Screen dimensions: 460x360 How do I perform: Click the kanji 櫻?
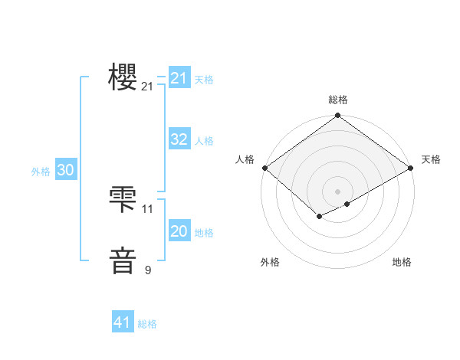(123, 77)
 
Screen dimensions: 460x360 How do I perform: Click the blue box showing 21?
(179, 78)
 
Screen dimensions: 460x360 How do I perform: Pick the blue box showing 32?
(179, 139)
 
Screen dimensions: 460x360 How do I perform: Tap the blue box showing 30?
(65, 171)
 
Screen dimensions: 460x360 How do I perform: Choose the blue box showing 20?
(179, 231)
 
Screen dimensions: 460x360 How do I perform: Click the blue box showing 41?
(123, 322)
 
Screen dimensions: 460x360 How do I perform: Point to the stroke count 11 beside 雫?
(148, 208)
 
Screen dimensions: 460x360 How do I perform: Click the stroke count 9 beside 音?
(148, 270)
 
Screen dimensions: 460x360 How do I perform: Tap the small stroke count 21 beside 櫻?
(148, 87)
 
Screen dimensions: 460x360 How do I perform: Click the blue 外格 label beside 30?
(41, 172)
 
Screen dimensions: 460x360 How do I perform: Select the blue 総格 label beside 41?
(147, 324)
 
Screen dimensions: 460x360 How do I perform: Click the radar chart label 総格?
(338, 100)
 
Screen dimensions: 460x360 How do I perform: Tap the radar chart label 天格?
(431, 159)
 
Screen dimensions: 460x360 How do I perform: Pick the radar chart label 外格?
(270, 262)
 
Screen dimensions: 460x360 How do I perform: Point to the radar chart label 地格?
(402, 262)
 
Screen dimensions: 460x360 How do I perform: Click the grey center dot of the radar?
(338, 191)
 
